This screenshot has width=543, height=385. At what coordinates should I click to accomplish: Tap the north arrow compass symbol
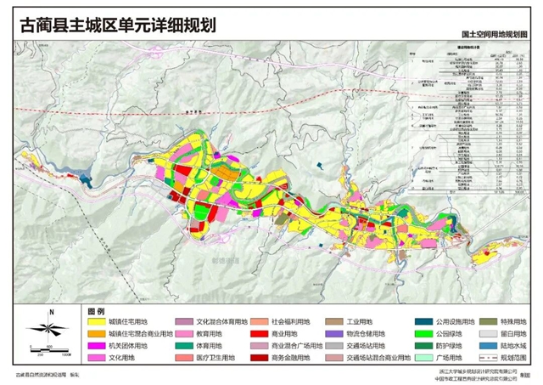point(51,327)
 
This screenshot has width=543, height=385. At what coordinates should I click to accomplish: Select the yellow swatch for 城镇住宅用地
point(94,323)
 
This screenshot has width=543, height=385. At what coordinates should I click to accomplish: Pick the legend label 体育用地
point(213,347)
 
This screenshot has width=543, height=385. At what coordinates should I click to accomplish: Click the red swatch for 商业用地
point(256,335)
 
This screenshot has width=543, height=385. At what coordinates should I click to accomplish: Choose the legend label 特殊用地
point(508,323)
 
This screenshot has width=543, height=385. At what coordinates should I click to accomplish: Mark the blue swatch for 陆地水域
point(484,347)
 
